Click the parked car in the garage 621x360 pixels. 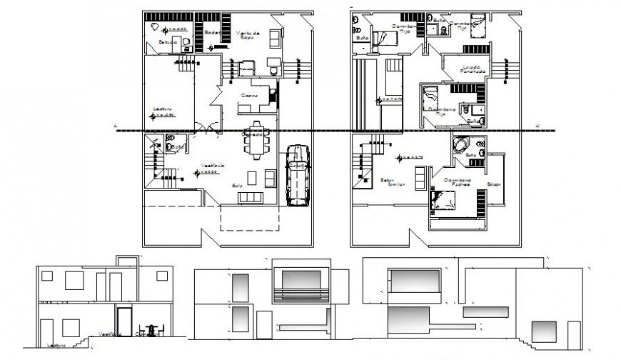[x=297, y=175]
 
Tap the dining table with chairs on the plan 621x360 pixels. [x=255, y=144]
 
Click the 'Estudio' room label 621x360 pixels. [x=168, y=43]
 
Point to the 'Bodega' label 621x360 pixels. [x=211, y=33]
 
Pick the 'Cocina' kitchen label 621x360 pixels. [x=249, y=95]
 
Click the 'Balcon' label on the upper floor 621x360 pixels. [x=494, y=184]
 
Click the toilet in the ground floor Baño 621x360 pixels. [x=169, y=146]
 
